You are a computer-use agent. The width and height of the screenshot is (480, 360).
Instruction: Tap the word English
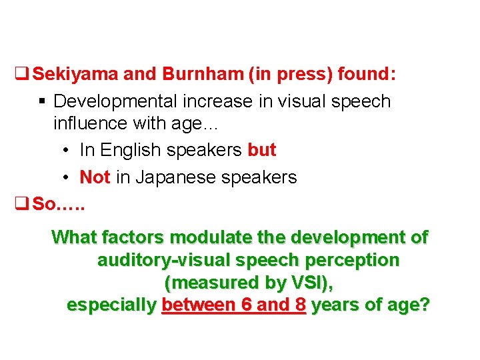point(137,150)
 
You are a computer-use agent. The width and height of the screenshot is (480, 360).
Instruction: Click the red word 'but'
point(261,150)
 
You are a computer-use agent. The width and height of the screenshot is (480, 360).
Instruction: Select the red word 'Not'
point(94,177)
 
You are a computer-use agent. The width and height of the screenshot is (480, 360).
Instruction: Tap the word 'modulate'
point(212,237)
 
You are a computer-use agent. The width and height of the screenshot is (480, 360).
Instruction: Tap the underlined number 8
point(299,305)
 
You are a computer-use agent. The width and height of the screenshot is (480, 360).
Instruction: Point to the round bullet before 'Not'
point(67,178)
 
